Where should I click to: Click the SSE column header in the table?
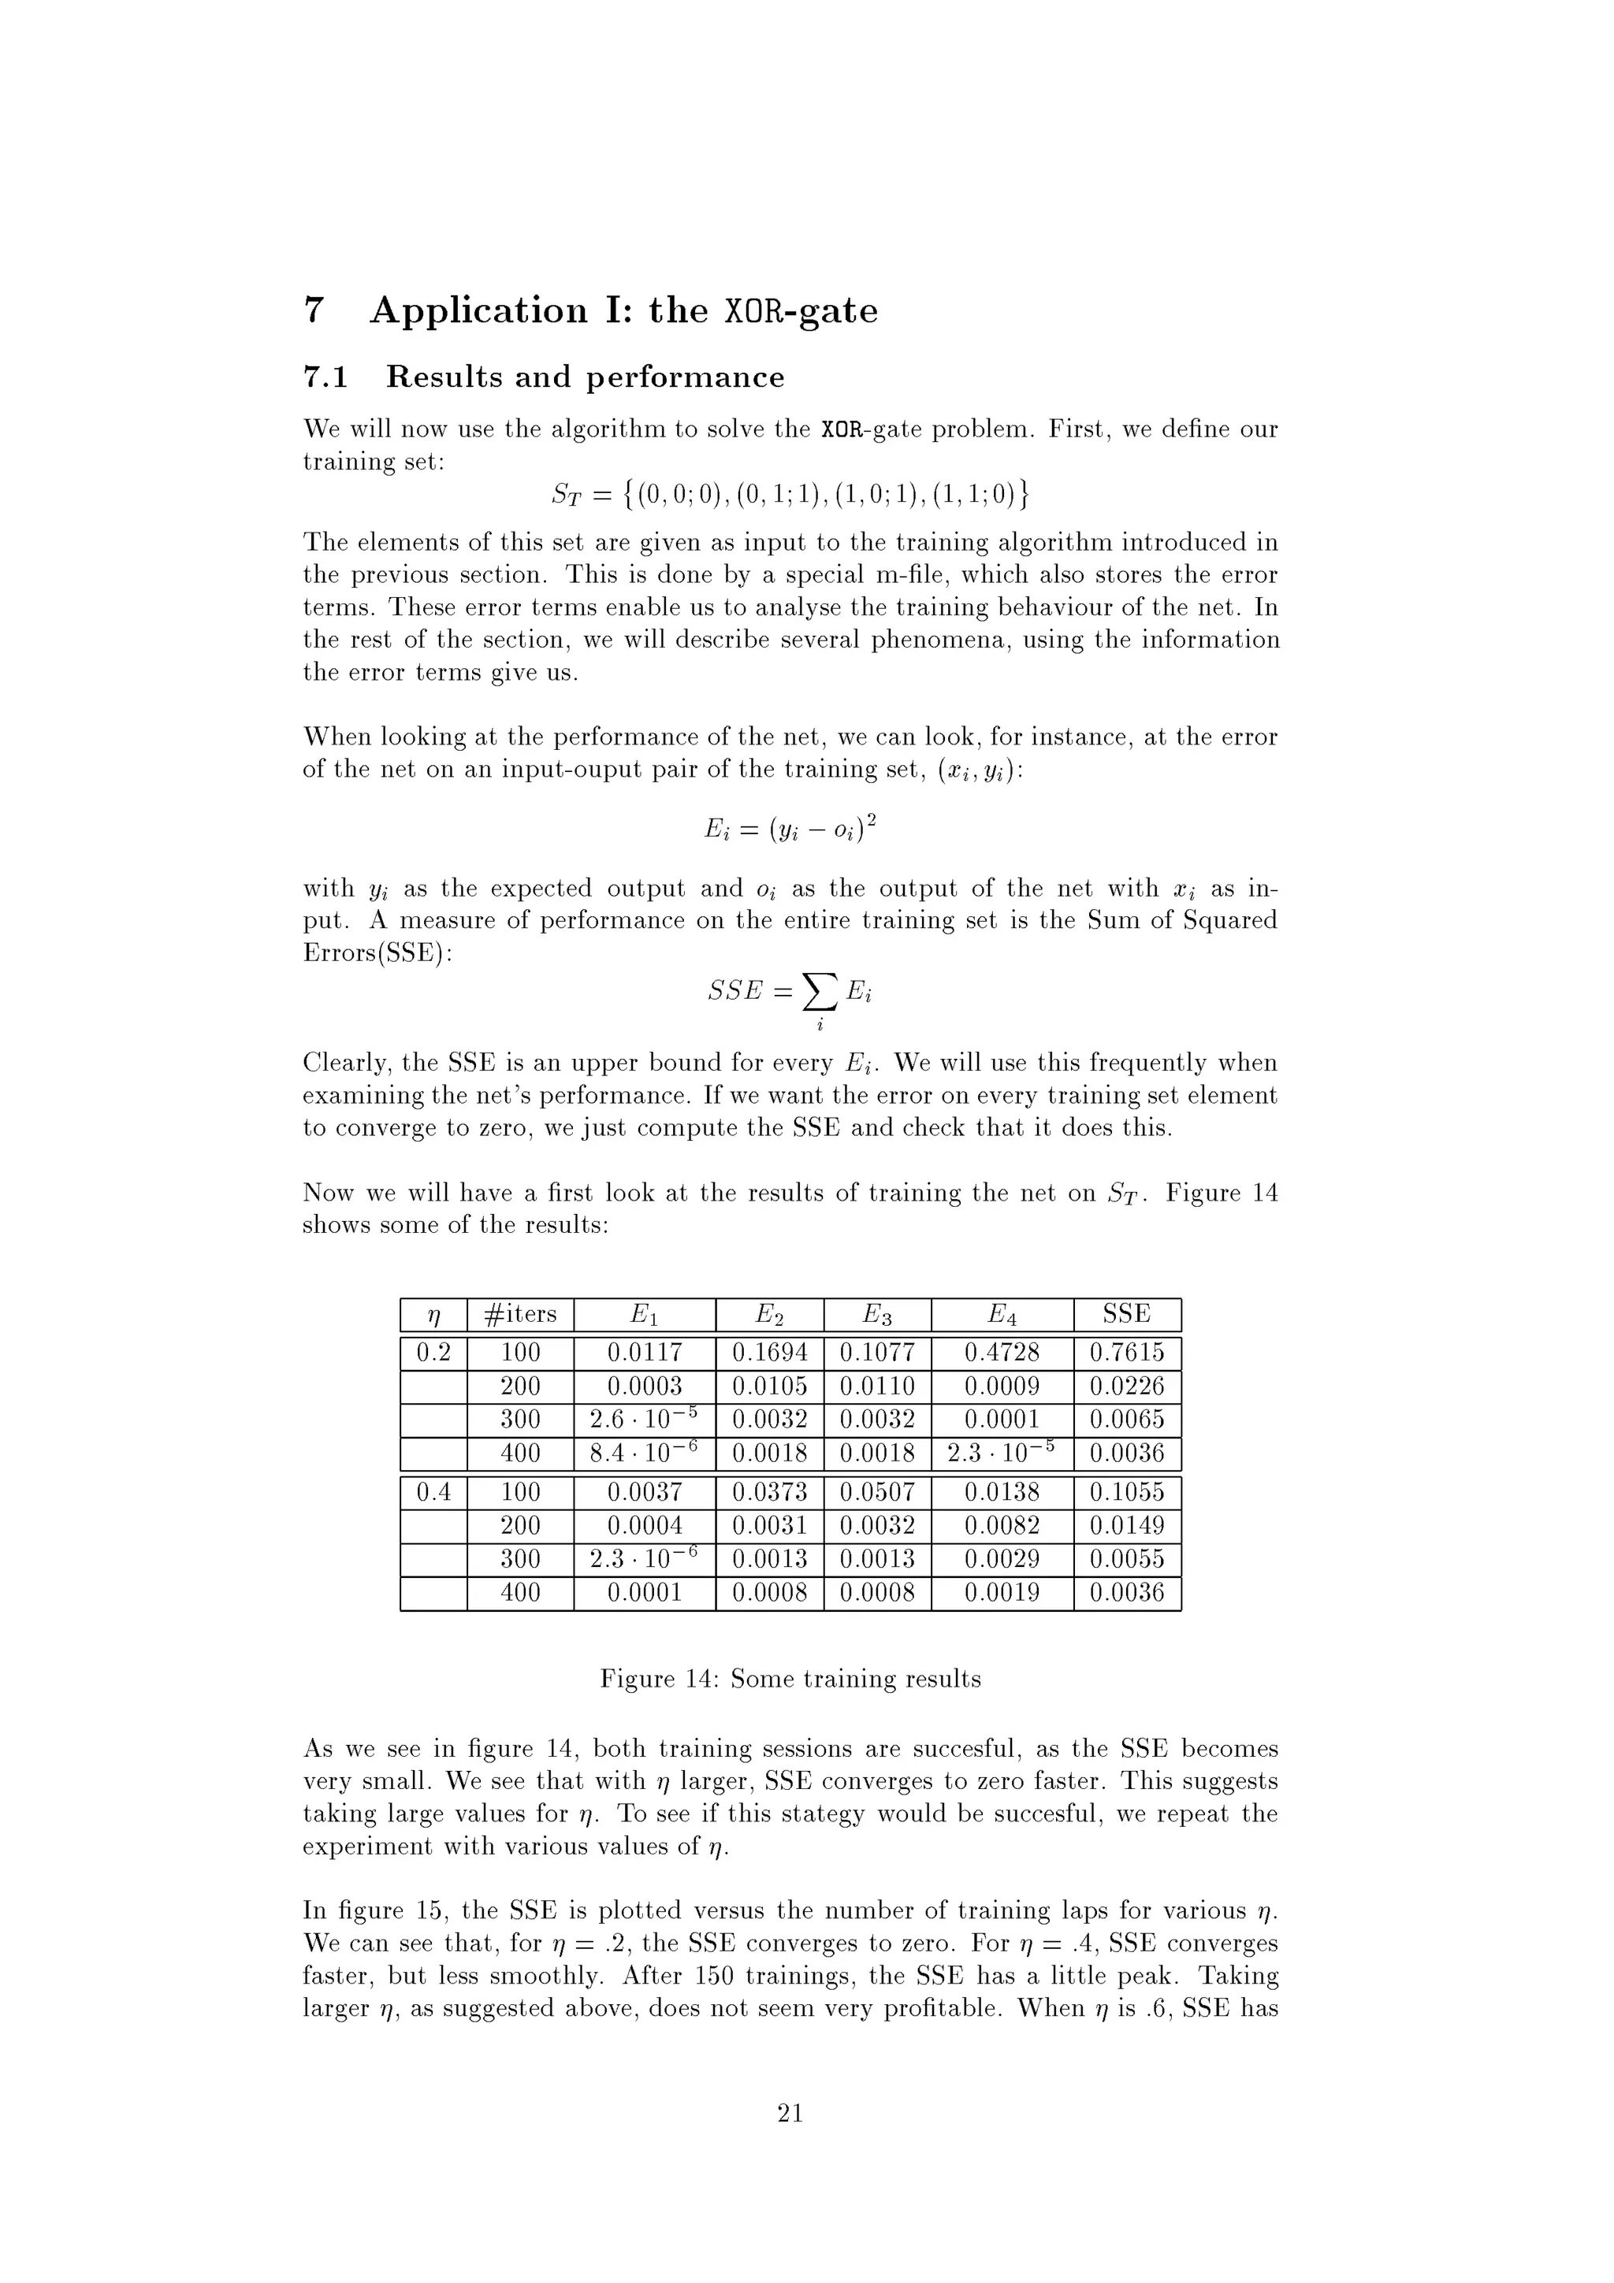coord(1127,1315)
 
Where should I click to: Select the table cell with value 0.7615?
coord(1127,1353)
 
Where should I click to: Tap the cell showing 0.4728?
coord(1002,1353)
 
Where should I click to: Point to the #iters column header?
coord(520,1315)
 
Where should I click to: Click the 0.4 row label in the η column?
coord(433,1491)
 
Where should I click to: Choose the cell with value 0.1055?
coord(1127,1491)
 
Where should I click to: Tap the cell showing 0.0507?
coord(877,1491)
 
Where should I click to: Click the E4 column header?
coord(1002,1315)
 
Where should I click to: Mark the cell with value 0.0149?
coord(1127,1525)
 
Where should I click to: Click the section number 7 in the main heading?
coord(314,310)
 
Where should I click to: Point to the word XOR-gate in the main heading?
coord(801,311)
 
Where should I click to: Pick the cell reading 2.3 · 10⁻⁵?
coord(1002,1453)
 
